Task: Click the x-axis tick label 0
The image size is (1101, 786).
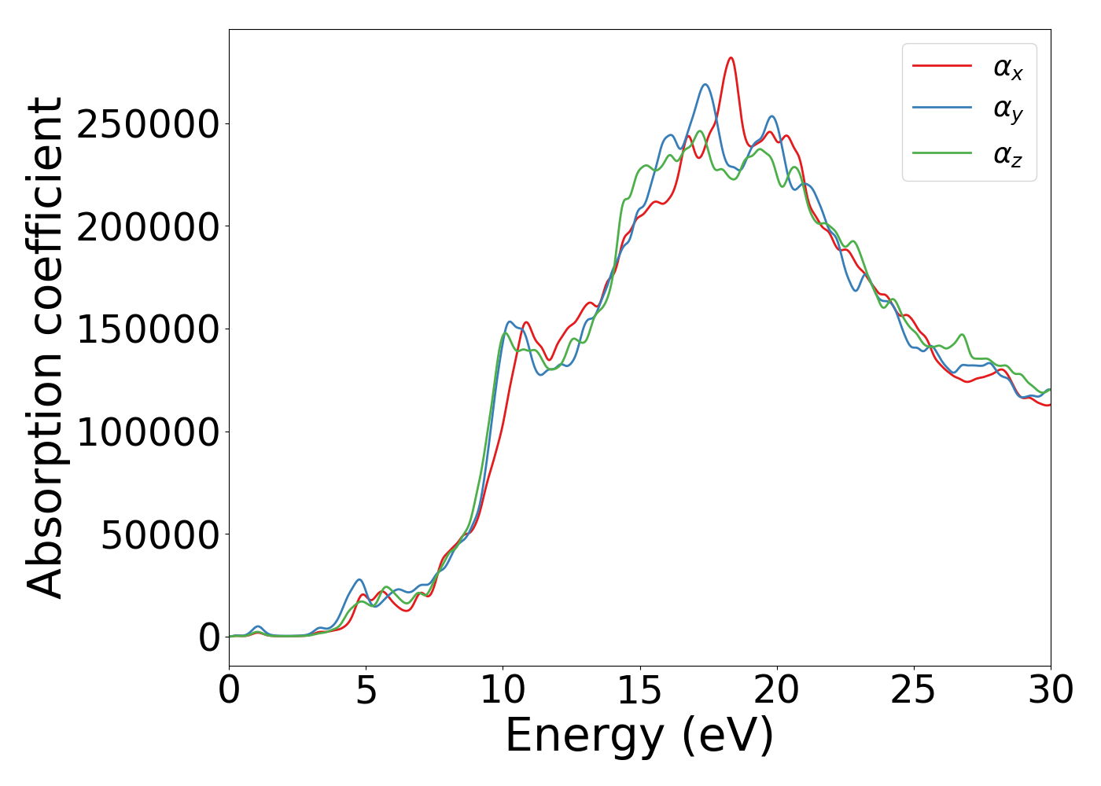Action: pyautogui.click(x=229, y=691)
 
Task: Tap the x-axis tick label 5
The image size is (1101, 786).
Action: pyautogui.click(x=366, y=691)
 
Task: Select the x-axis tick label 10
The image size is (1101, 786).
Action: pyautogui.click(x=503, y=691)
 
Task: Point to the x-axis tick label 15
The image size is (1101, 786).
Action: pyautogui.click(x=640, y=691)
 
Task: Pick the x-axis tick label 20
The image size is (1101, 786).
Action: pyautogui.click(x=777, y=691)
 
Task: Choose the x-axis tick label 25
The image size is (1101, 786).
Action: pyautogui.click(x=914, y=691)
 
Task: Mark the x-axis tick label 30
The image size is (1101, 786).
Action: pyautogui.click(x=1051, y=691)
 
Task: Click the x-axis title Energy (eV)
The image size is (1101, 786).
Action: pyautogui.click(x=639, y=736)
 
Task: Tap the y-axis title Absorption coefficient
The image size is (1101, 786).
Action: pyautogui.click(x=45, y=347)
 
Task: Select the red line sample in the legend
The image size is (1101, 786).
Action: pyautogui.click(x=941, y=66)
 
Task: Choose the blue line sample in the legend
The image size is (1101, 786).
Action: pyautogui.click(x=941, y=109)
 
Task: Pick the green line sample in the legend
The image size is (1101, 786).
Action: pyautogui.click(x=941, y=152)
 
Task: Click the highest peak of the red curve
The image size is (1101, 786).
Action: pyautogui.click(x=731, y=57)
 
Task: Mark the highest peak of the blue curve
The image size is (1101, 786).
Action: pyautogui.click(x=705, y=84)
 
